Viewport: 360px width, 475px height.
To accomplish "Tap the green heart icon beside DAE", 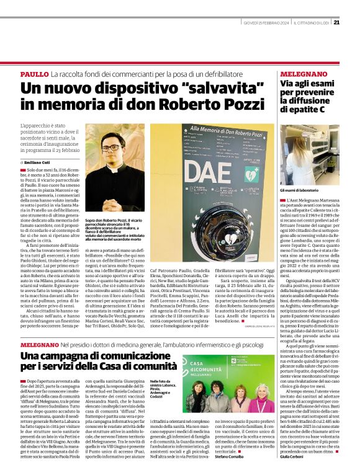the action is pyautogui.click(x=251, y=174).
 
